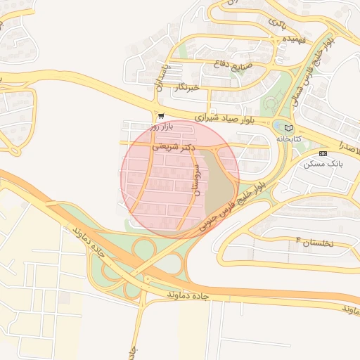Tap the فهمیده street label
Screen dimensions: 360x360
[x=293, y=39]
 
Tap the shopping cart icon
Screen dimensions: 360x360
[x=161, y=116]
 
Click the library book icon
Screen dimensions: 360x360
[x=288, y=128]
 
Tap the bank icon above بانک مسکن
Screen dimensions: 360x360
[x=323, y=153]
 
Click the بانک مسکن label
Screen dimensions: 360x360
[x=323, y=163]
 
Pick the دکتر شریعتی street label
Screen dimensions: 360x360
[x=176, y=148]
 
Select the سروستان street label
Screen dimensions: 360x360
[x=196, y=174]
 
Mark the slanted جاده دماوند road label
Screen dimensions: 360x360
[x=88, y=243]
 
